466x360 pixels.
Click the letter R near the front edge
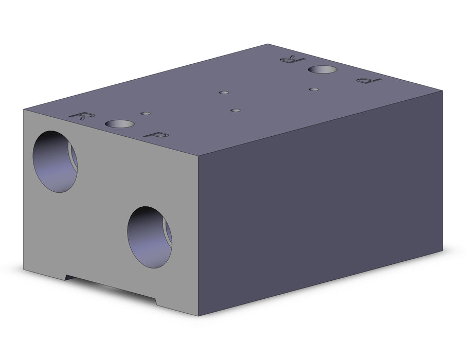(82, 116)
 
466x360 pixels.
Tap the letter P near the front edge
(156, 135)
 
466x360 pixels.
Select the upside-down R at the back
(293, 59)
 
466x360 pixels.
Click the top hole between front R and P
(119, 123)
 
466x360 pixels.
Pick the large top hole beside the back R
(322, 69)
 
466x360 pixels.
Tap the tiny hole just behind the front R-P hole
(146, 113)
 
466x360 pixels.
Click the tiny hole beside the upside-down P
(314, 89)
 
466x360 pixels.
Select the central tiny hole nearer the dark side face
(236, 110)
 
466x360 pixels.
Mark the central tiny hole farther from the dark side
(224, 93)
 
